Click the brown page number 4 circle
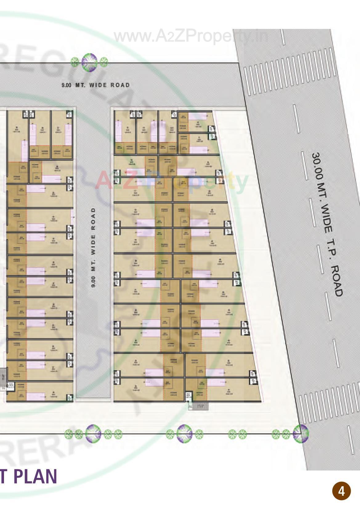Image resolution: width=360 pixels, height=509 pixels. tap(341, 491)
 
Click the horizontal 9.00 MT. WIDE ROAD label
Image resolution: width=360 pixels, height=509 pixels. tap(96, 85)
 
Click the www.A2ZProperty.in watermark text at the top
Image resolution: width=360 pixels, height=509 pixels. tap(191, 36)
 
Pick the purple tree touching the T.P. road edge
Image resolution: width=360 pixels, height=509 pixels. tap(301, 434)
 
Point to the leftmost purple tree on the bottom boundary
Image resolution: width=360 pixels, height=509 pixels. tap(93, 434)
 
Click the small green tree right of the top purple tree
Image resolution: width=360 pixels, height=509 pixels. tap(104, 62)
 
